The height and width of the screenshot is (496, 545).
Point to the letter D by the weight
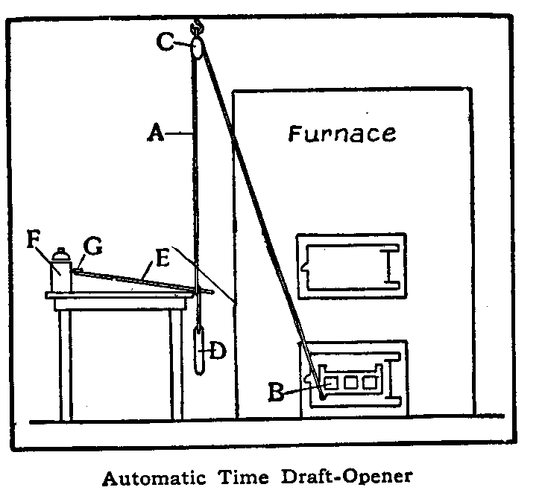point(218,350)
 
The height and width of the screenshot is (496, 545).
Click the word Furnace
point(342,134)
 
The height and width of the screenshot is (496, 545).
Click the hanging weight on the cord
point(198,349)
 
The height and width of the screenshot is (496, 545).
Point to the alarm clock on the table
point(60,270)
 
